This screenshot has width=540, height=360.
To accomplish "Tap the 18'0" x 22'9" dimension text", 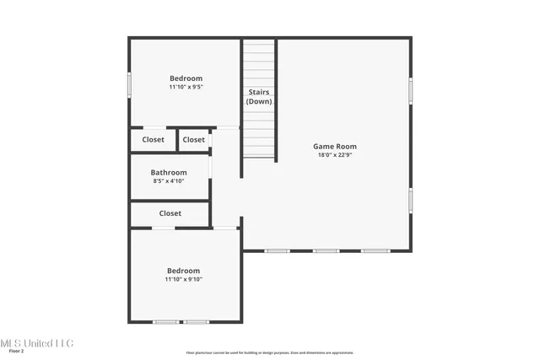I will (x=335, y=155).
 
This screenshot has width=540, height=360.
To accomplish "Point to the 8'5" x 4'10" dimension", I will (x=168, y=180).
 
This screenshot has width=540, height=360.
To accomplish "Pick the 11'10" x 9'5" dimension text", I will (x=186, y=87).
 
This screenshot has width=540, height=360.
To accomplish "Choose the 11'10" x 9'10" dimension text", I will (x=183, y=279).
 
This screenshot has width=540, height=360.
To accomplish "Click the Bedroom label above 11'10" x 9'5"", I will (x=186, y=78).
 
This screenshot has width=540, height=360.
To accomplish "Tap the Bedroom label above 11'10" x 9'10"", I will (x=183, y=271).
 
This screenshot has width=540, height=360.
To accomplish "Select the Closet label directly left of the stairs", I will (x=193, y=140).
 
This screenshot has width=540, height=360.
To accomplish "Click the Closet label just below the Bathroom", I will (x=170, y=213).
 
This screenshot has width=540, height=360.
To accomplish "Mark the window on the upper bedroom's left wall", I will (x=129, y=86).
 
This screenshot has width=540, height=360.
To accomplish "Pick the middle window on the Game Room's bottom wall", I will (x=326, y=250).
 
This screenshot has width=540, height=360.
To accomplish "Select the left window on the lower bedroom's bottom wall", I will (x=165, y=322).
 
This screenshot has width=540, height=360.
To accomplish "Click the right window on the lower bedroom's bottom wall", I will (x=197, y=322).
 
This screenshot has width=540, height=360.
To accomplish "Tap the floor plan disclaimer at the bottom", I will (x=269, y=352).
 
